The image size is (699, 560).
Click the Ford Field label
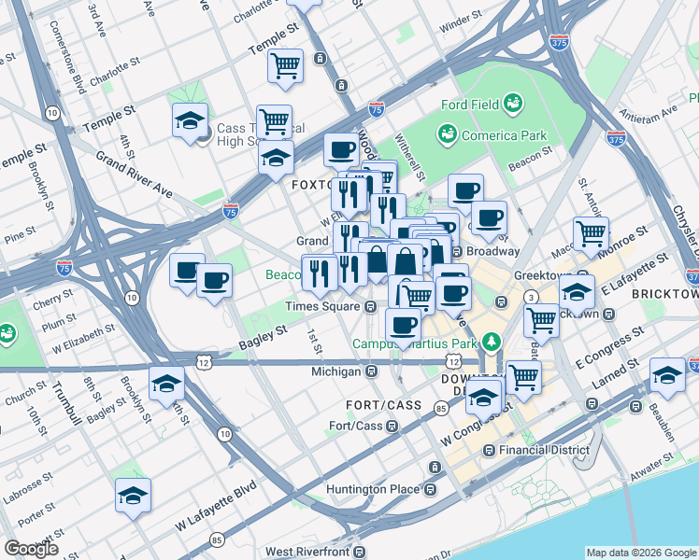coord(471,105)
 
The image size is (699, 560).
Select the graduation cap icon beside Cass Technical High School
coord(190,121)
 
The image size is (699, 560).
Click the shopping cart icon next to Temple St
coord(285,65)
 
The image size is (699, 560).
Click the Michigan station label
coord(335,371)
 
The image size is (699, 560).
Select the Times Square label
coord(323,306)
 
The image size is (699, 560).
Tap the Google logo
coord(31,549)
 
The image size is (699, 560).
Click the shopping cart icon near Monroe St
coord(591,234)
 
